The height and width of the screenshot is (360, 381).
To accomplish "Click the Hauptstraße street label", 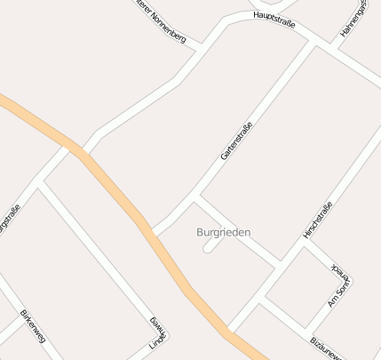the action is click(x=274, y=18).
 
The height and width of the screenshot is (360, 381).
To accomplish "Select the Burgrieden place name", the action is click(x=223, y=232).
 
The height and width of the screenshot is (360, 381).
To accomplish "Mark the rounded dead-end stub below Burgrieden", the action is click(x=208, y=250).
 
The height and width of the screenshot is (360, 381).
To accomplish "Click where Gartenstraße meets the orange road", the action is click(x=155, y=234).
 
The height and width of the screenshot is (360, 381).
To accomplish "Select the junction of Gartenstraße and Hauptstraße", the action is click(x=314, y=41).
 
